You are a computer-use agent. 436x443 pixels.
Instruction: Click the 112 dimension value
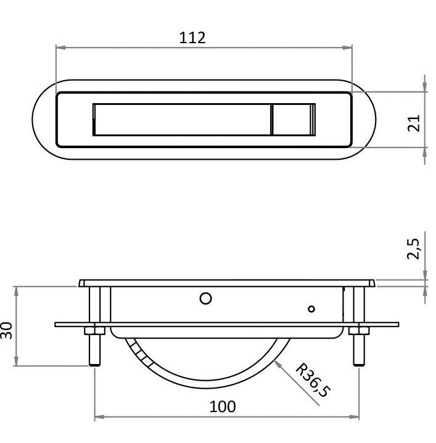pyautogui.click(x=192, y=38)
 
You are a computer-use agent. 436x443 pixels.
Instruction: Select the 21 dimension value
pyautogui.click(x=414, y=123)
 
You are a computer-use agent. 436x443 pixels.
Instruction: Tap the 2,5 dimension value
pyautogui.click(x=413, y=249)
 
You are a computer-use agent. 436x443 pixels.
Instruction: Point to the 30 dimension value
pyautogui.click(x=6, y=330)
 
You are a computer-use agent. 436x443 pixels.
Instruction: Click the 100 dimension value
pyautogui.click(x=223, y=407)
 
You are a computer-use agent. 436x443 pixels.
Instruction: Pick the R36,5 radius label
pyautogui.click(x=313, y=380)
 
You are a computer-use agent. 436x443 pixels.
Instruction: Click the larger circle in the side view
pyautogui.click(x=205, y=299)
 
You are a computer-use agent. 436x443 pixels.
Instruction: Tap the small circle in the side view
pyautogui.click(x=311, y=308)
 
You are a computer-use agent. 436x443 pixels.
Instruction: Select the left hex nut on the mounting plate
pyautogui.click(x=94, y=331)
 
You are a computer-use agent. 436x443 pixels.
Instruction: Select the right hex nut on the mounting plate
pyautogui.click(x=359, y=331)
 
